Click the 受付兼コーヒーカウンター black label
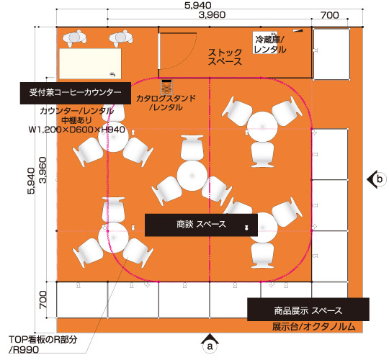click(x=76, y=93)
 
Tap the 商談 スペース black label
click(x=201, y=225)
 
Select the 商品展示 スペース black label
click(x=308, y=310)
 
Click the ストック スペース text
click(x=225, y=57)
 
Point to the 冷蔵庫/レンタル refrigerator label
click(x=269, y=45)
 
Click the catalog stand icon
click(x=166, y=87)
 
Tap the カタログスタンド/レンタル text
click(x=166, y=103)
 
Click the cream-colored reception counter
click(x=90, y=63)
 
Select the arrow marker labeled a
click(x=210, y=343)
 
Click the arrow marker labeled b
click(x=377, y=179)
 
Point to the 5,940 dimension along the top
click(x=198, y=5)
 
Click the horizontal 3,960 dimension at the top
click(x=212, y=15)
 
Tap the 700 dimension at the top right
click(x=330, y=15)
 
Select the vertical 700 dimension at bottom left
click(x=43, y=300)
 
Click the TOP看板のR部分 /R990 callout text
click(x=43, y=345)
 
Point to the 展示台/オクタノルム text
click(x=314, y=327)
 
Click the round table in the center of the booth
click(x=192, y=176)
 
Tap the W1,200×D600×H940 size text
click(x=76, y=130)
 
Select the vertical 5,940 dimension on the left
click(x=32, y=181)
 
